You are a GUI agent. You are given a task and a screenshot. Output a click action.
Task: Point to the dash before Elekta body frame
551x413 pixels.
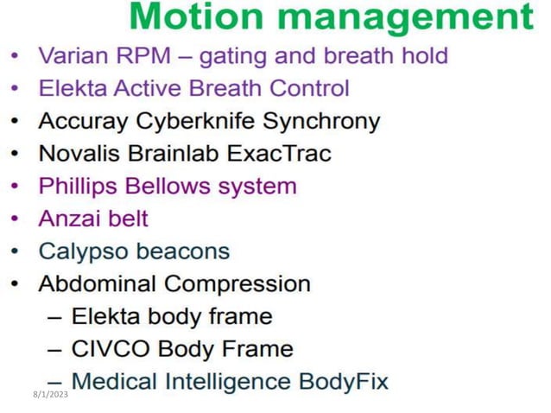point(54,317)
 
